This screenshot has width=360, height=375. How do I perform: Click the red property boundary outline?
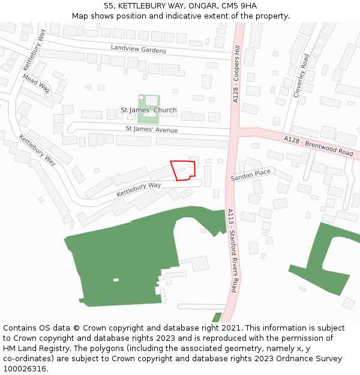click(x=183, y=170)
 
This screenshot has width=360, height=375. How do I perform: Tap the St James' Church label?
click(x=149, y=110)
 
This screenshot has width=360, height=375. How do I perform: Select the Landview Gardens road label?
click(x=138, y=49)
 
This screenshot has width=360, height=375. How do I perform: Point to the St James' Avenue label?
click(x=152, y=129)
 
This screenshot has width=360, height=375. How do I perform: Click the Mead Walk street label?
click(x=37, y=85)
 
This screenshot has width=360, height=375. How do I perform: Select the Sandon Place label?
click(x=251, y=175)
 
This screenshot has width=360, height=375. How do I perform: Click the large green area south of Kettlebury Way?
click(x=126, y=258)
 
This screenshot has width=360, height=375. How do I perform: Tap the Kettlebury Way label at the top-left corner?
click(x=35, y=50)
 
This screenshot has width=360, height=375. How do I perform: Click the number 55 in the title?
click(x=108, y=5)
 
